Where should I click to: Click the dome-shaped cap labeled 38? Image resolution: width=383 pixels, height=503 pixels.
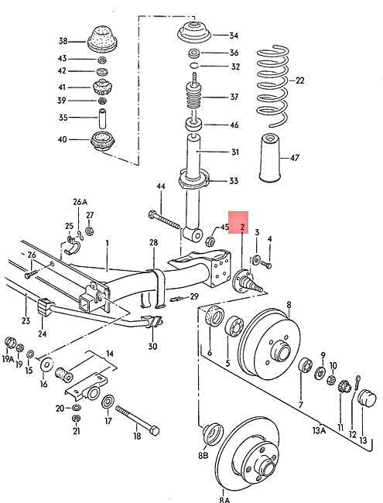point(99,39)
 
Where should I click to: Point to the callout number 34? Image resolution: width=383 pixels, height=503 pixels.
point(234,35)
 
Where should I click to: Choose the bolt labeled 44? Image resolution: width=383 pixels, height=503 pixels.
point(166,218)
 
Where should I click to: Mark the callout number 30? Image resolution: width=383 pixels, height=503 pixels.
point(152,346)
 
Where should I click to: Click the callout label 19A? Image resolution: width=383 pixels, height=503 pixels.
point(9,360)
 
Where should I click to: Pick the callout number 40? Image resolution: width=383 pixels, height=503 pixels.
point(63,140)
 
